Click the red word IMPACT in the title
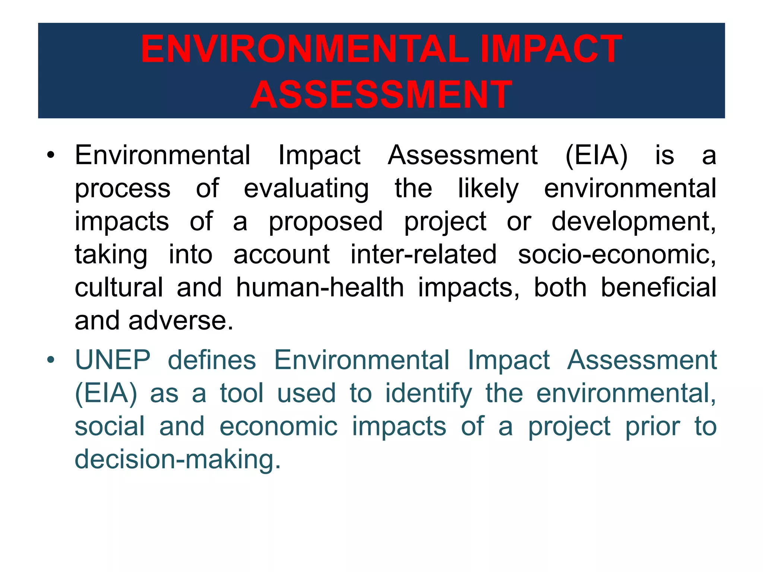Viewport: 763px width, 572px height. tap(551, 49)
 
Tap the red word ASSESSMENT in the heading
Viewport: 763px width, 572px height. tap(381, 95)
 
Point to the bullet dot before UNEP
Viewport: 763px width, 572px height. tap(51, 360)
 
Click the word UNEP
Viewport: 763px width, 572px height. tap(113, 360)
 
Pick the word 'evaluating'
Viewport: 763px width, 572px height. tap(306, 188)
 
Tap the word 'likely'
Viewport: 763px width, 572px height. tap(488, 188)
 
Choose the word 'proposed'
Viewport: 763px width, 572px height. tap(326, 222)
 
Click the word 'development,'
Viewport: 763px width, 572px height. tap(633, 222)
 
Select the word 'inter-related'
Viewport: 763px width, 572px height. tap(424, 254)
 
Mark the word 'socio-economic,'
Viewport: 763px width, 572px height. tap(617, 254)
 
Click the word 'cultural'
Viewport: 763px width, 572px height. tap(119, 287)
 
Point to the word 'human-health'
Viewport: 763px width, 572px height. tap(320, 287)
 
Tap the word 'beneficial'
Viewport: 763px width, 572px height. tap(659, 287)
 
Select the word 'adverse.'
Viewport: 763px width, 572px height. tap(181, 321)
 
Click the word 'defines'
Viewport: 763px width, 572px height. tap(212, 360)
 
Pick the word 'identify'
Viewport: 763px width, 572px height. tap(428, 394)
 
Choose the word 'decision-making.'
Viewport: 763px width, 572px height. tap(178, 460)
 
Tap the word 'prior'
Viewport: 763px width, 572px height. tap(653, 427)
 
